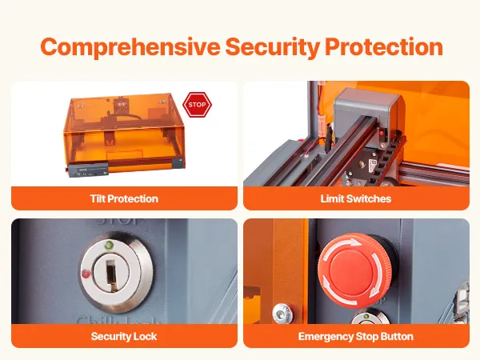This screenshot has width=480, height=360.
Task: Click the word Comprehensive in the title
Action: pos(130,47)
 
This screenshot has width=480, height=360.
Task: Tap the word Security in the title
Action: pos(273,47)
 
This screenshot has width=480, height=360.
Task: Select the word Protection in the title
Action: pos(384,46)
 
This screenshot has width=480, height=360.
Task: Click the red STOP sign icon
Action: pos(197,105)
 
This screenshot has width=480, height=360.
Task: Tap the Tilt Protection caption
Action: pos(124,198)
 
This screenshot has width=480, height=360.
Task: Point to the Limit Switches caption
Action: pos(356,198)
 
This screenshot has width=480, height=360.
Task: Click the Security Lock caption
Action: pos(124,336)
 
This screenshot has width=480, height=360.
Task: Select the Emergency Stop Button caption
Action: pos(356,337)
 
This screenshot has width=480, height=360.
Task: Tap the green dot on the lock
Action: pos(108,245)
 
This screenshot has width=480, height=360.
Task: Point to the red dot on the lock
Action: pos(86,273)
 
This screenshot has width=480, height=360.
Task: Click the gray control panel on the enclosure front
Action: pos(88,170)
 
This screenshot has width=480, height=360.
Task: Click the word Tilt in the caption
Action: pos(98,198)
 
